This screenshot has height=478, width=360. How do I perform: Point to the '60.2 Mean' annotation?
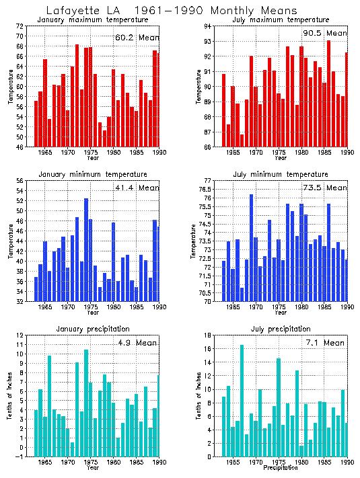point(137,38)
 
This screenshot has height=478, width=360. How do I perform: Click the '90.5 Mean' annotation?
point(326,33)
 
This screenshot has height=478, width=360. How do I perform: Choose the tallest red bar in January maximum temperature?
point(77,95)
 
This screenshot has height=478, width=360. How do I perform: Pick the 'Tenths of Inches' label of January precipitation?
point(10,396)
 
